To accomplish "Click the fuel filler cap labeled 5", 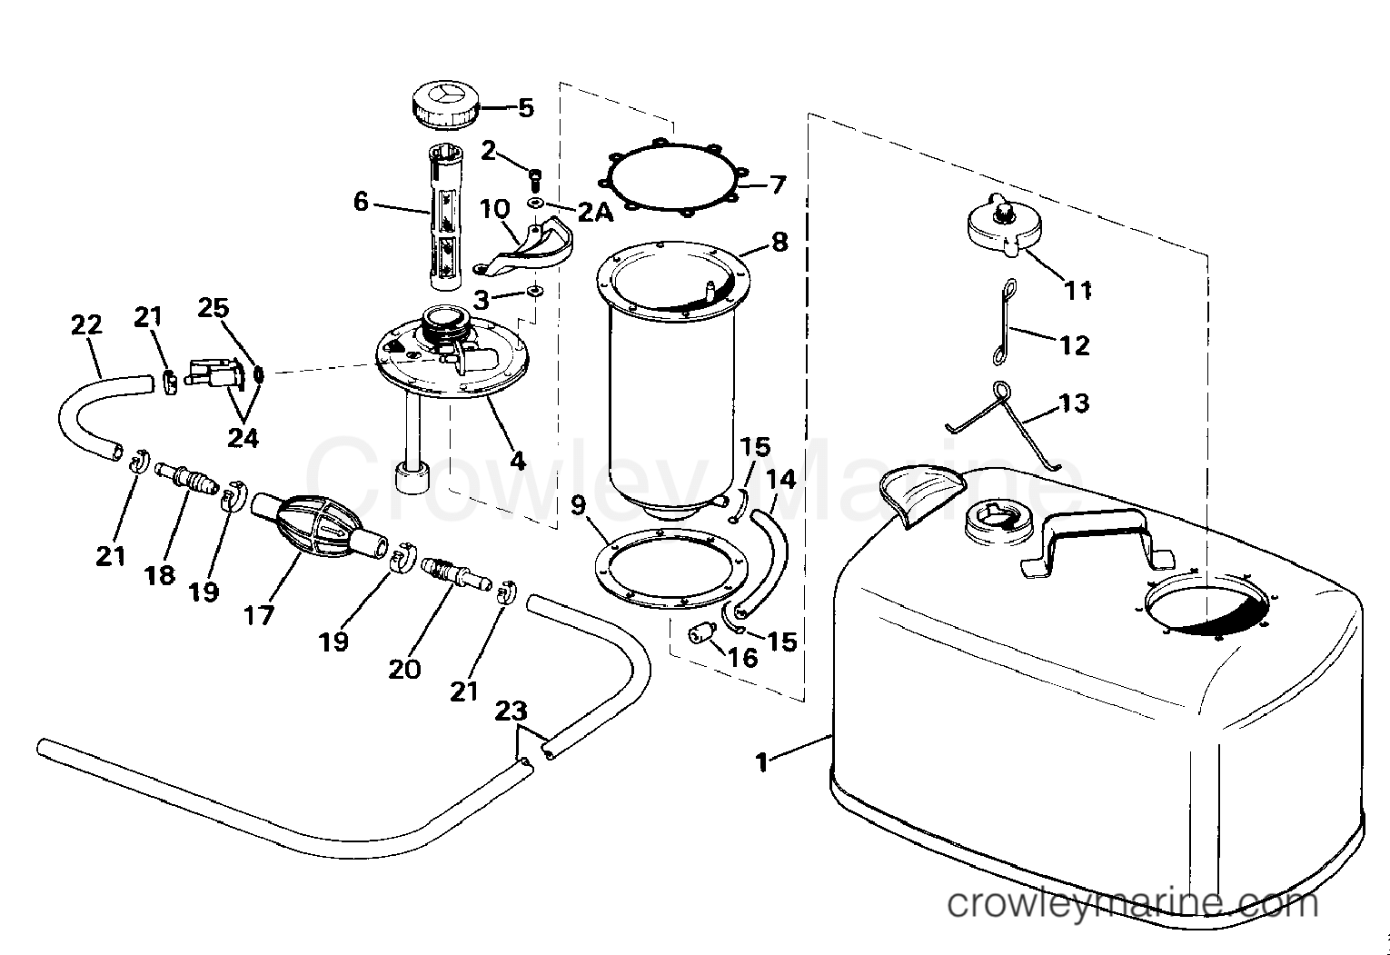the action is [445, 104].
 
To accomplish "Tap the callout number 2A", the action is [595, 213].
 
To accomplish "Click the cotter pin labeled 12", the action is [1002, 321].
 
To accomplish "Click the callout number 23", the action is [511, 711].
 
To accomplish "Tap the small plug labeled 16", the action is [700, 636].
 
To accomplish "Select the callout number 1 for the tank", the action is [762, 762].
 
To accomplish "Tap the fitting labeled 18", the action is [185, 479].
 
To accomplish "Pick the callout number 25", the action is [213, 308].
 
